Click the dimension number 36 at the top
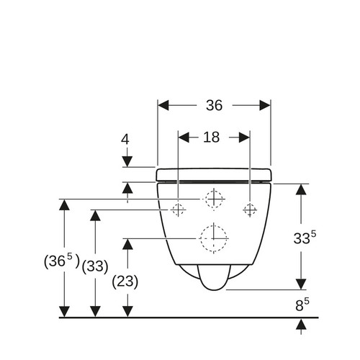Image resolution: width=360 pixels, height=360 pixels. click(x=214, y=105)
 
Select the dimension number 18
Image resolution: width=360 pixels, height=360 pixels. click(x=211, y=138)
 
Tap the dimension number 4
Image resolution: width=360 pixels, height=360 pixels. click(x=125, y=139)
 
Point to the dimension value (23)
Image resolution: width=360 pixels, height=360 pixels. click(x=125, y=282)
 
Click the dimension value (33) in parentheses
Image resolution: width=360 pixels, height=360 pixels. click(x=95, y=266)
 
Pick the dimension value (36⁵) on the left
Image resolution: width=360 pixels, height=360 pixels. click(x=62, y=261)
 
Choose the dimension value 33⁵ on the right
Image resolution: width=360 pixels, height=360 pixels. click(x=305, y=238)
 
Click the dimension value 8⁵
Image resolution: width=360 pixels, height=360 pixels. click(x=302, y=305)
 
